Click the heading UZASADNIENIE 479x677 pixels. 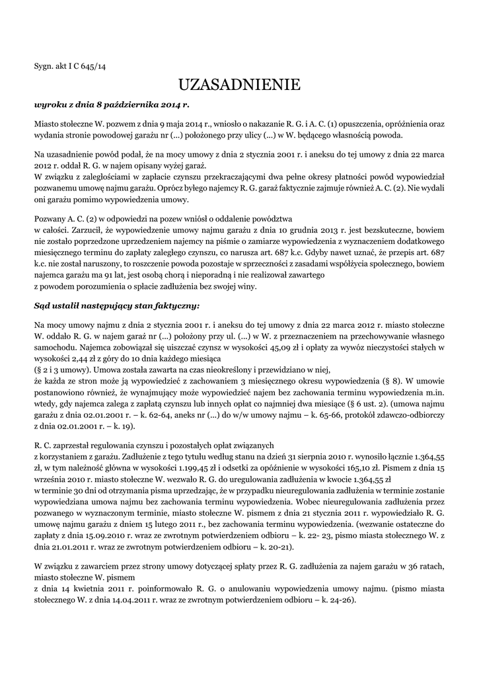[x=239, y=85]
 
